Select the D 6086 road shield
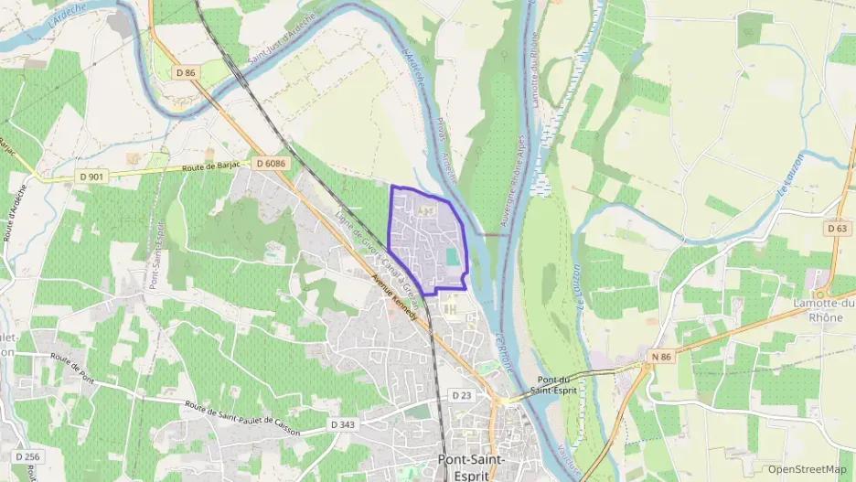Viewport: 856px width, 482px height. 271,163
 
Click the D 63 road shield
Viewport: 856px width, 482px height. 837,227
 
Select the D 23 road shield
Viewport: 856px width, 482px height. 461,395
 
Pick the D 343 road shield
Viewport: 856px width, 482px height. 342,425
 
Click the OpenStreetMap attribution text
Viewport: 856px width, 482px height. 807,469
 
